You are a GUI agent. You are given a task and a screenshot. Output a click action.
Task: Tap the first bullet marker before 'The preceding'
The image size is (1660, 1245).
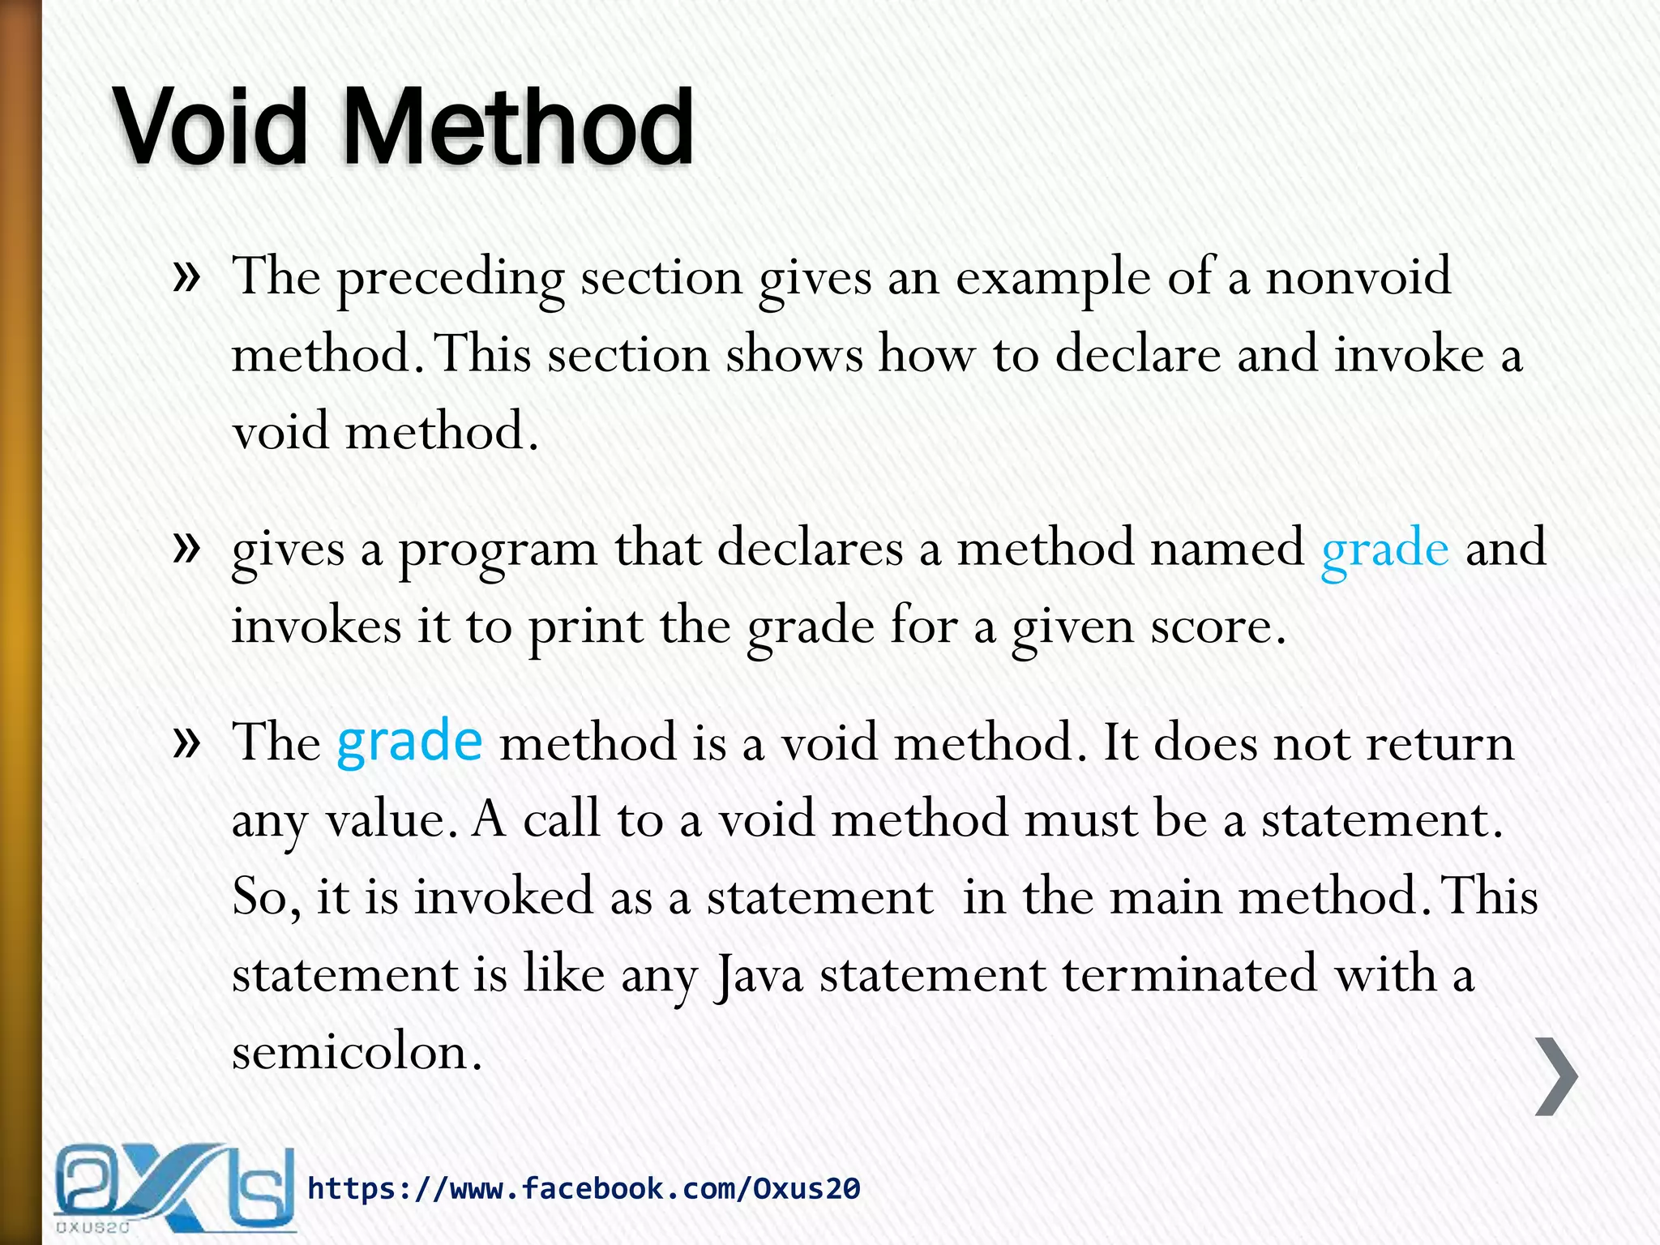(186, 277)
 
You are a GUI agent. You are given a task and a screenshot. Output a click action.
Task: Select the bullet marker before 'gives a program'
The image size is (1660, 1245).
(186, 549)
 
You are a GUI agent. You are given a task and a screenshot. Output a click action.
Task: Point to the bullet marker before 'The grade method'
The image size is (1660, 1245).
(186, 742)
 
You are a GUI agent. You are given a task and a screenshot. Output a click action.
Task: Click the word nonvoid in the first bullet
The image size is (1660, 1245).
(1358, 277)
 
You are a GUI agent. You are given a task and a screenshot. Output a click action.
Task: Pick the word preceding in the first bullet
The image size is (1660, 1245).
(450, 280)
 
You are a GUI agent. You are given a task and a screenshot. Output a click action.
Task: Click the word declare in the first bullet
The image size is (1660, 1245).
(1137, 355)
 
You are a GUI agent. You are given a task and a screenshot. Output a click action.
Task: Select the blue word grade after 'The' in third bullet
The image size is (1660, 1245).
(409, 742)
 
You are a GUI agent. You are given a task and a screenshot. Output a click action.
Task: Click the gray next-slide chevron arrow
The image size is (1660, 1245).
(1557, 1076)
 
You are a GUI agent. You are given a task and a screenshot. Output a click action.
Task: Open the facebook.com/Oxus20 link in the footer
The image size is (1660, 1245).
(584, 1189)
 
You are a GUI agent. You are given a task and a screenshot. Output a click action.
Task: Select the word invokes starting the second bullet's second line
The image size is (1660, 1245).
(316, 627)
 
